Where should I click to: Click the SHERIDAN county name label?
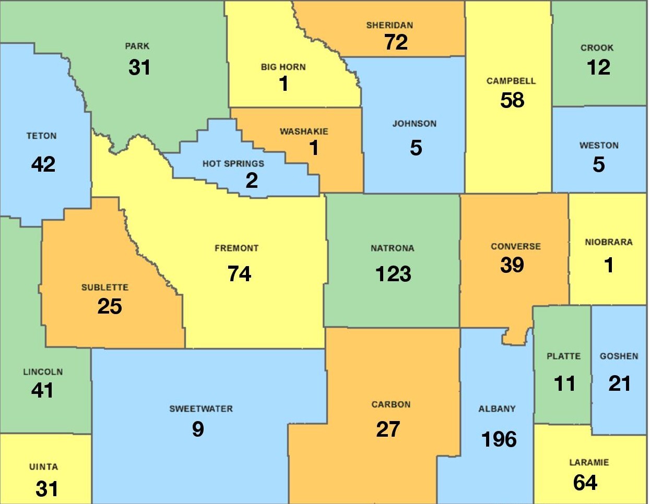[389, 25]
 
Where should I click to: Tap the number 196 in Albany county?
[499, 439]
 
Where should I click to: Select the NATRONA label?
[392, 248]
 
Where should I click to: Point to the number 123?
[393, 274]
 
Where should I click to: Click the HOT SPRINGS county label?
[233, 164]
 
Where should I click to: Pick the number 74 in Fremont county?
[239, 274]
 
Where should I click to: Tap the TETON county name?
[41, 136]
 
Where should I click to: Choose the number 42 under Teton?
[43, 164]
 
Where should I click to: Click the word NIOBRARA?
[608, 242]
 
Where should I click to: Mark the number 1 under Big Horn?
[283, 83]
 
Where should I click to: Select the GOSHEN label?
[619, 356]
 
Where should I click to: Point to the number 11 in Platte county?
[564, 383]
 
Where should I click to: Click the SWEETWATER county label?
[201, 409]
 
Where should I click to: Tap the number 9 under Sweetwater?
[198, 429]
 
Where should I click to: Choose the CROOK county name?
[597, 48]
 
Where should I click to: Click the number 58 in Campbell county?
[512, 100]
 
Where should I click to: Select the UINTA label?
[43, 467]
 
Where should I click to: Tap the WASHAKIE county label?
[304, 131]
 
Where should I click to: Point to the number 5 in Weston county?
[598, 165]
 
